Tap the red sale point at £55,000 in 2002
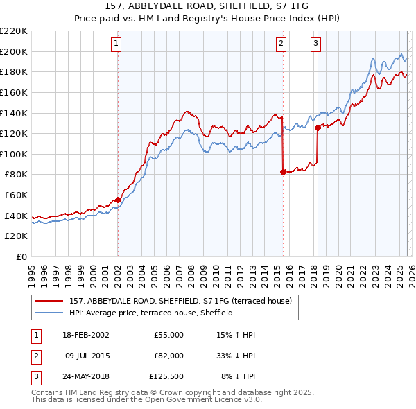[x=118, y=200]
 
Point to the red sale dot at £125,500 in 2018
[x=318, y=128]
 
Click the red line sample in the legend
[x=49, y=301]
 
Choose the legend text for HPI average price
[x=150, y=313]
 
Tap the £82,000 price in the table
[x=168, y=356]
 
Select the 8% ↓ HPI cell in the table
[x=238, y=376]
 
